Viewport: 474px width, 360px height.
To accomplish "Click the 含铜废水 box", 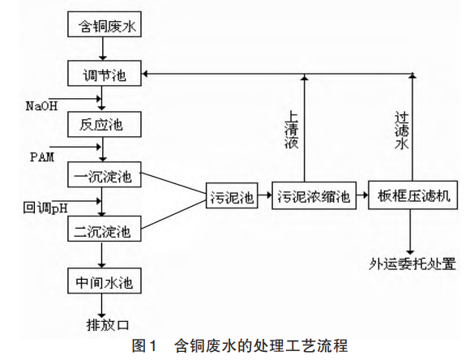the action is point(105,24).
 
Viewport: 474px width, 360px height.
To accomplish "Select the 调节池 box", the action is point(105,73).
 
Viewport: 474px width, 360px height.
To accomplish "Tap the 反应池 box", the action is point(105,124).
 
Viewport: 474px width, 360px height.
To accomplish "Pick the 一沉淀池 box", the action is point(105,174).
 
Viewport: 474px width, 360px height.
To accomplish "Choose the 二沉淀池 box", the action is point(105,229).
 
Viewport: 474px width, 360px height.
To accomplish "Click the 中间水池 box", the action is point(105,281).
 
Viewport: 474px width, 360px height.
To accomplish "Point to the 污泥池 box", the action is point(232,195).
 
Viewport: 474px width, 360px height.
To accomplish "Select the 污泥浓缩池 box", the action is point(314,195).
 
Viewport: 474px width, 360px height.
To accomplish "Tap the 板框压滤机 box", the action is point(413,195).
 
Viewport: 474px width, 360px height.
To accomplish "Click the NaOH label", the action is point(41,106).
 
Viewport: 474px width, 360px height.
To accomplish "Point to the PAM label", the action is point(42,157).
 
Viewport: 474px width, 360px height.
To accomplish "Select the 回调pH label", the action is point(45,208).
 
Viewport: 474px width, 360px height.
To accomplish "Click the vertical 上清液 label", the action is point(292,130).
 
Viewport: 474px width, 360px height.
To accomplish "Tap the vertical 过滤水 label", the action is point(402,131).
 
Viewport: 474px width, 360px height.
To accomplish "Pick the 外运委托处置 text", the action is point(412,264).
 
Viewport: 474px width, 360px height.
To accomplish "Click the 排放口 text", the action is point(108,325).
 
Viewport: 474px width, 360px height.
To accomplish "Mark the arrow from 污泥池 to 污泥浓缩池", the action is point(265,195).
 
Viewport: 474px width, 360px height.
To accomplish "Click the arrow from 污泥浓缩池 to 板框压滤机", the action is point(362,195).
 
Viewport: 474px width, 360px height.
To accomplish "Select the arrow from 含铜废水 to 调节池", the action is point(103,49).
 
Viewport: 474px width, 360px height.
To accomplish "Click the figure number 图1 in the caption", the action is point(144,345).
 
